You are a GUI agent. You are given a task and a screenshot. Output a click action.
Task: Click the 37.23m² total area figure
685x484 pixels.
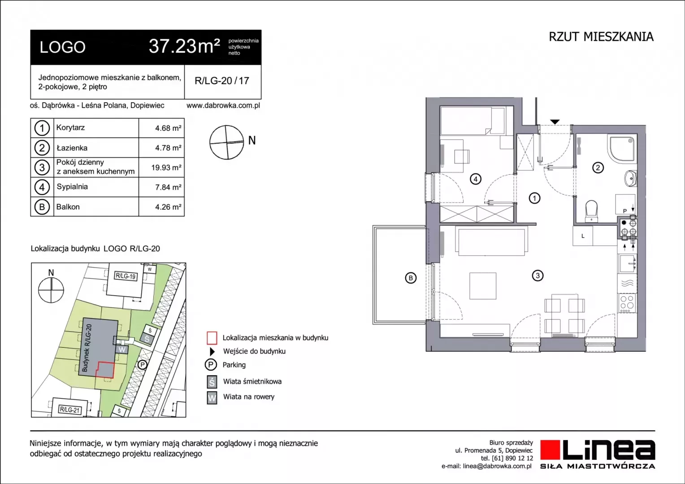[184, 46]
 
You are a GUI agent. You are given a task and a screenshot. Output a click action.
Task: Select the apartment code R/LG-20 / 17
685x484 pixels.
[222, 81]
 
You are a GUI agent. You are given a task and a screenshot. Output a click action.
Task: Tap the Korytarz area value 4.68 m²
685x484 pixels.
[168, 128]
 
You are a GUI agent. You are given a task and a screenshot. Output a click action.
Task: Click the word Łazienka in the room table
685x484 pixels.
[72, 148]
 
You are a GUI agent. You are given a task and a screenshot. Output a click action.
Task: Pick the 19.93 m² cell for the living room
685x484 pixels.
[166, 168]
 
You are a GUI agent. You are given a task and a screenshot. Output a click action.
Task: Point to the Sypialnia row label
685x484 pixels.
[72, 187]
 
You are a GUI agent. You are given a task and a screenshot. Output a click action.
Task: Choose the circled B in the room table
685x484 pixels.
[42, 207]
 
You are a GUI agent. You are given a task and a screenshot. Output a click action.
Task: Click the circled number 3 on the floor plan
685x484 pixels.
[538, 276]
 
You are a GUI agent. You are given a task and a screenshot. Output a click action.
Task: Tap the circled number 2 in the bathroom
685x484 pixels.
[598, 168]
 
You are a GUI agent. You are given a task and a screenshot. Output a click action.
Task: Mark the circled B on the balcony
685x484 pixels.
[410, 278]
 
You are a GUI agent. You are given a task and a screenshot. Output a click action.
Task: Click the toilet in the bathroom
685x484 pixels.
[591, 211]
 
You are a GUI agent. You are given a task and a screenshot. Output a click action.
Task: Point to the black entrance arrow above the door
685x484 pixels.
[555, 122]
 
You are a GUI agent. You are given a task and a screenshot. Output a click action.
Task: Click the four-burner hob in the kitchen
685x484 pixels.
[627, 303]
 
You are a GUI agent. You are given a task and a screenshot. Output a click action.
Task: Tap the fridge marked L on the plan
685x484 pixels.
[583, 236]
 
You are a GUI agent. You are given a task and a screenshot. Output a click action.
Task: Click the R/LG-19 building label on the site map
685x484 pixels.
[126, 276]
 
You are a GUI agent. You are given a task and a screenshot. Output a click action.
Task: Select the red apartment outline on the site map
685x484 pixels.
[105, 370]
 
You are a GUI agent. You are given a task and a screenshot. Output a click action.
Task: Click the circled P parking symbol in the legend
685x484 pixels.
[211, 365]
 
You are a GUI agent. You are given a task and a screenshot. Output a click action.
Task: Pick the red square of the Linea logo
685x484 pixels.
[550, 450]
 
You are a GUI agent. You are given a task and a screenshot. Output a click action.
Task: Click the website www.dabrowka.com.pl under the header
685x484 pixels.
[223, 105]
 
